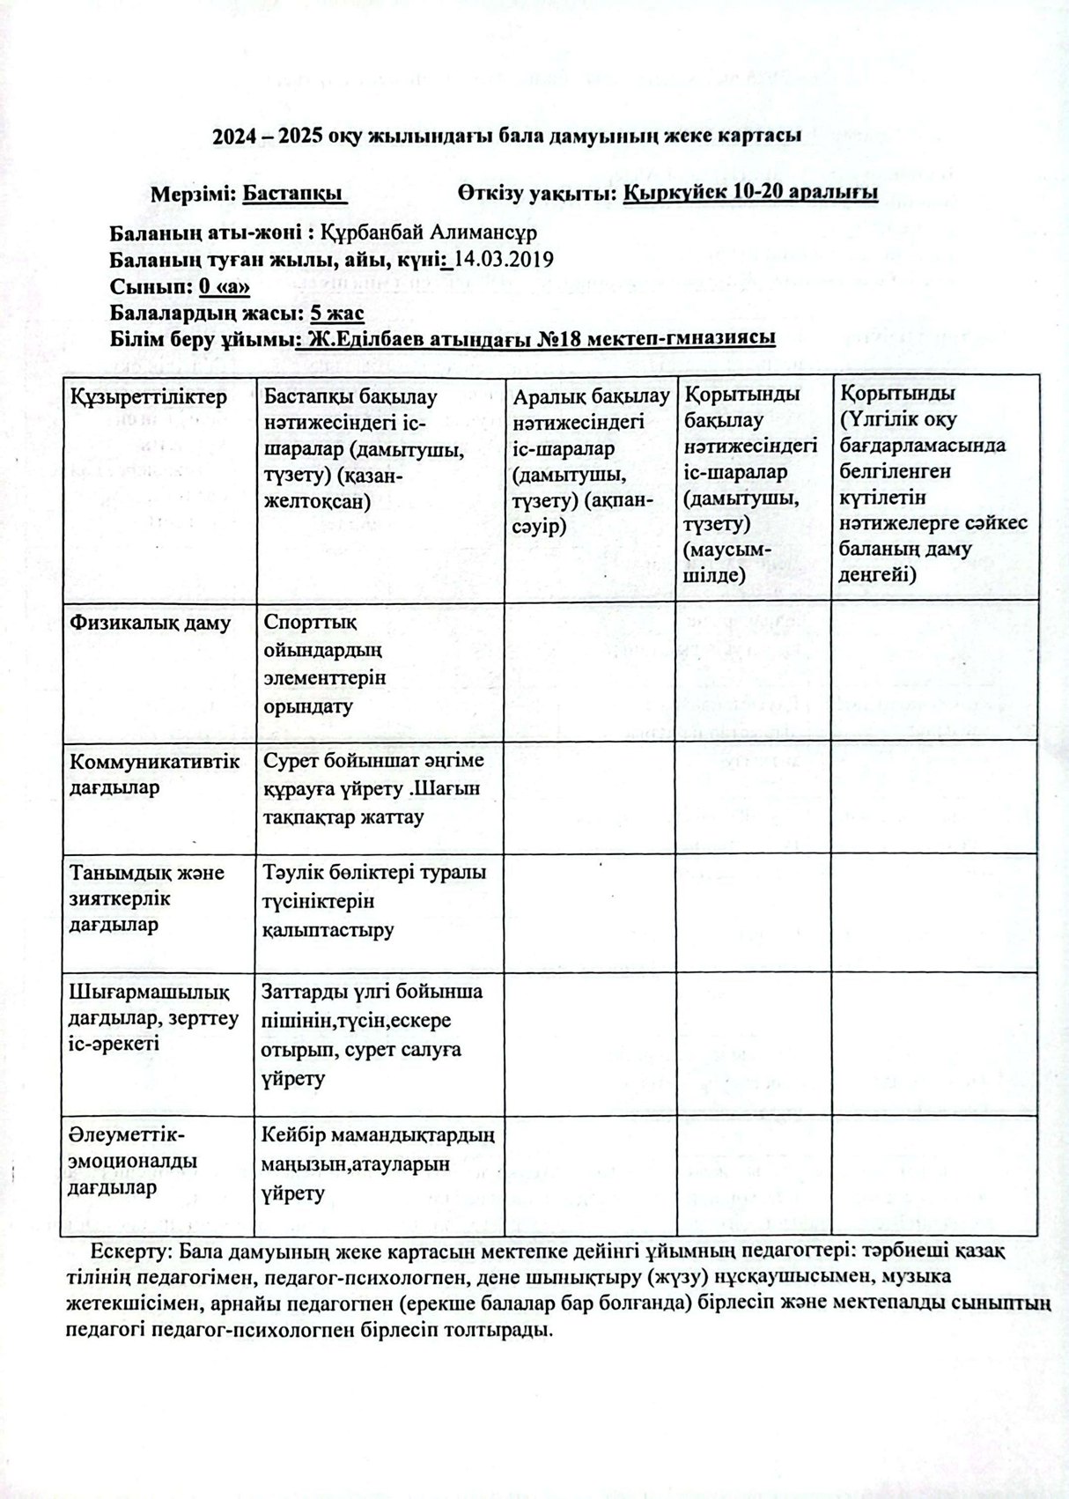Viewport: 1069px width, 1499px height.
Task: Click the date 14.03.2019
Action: (x=503, y=259)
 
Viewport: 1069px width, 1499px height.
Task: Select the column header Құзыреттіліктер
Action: (x=148, y=397)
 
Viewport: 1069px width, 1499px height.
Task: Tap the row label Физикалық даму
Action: (x=150, y=624)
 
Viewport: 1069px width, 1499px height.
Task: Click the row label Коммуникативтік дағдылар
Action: (x=153, y=774)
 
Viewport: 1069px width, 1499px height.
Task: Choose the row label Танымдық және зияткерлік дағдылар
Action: (x=146, y=898)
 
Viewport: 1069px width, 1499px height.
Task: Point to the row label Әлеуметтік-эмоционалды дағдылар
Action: (x=132, y=1160)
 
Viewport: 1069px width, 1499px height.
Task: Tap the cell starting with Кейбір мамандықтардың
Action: (x=377, y=1163)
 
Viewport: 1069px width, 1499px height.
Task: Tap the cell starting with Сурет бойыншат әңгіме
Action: (x=372, y=787)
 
